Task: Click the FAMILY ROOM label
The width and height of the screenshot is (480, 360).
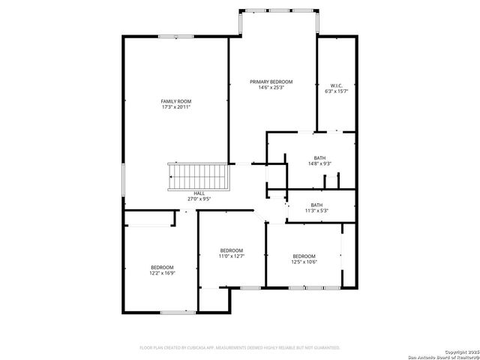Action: click(x=176, y=100)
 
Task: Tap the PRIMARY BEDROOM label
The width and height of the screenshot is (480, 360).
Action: click(x=271, y=82)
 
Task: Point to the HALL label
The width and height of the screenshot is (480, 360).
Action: click(x=199, y=193)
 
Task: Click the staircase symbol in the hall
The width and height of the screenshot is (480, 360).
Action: click(x=198, y=177)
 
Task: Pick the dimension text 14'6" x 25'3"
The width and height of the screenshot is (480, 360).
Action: click(x=271, y=88)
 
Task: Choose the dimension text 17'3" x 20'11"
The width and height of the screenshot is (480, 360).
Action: click(x=176, y=106)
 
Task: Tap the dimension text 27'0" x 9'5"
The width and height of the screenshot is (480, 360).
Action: click(x=199, y=199)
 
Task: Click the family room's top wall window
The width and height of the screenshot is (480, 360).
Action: click(x=176, y=36)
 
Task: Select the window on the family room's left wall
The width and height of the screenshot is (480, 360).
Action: click(x=124, y=180)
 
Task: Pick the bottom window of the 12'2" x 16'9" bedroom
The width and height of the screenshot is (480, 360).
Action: click(x=178, y=311)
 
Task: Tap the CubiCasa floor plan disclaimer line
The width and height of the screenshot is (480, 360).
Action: click(x=240, y=348)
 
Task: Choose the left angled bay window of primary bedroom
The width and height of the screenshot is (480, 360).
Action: click(x=241, y=22)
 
